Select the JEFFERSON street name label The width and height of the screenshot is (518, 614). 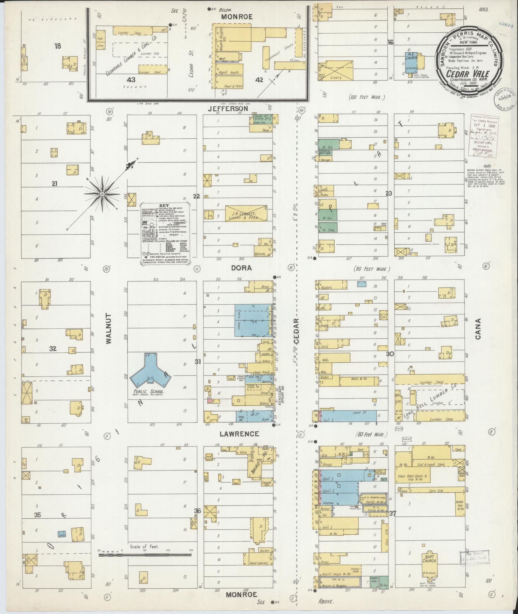pos(228,109)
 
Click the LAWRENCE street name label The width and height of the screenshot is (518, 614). pos(239,434)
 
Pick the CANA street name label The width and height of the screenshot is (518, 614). pos(478,329)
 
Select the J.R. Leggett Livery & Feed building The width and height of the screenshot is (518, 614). pos(246,212)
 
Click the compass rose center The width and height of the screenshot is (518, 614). pos(102,194)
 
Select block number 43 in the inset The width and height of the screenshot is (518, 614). pos(131,80)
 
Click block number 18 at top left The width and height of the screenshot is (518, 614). pos(57,46)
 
